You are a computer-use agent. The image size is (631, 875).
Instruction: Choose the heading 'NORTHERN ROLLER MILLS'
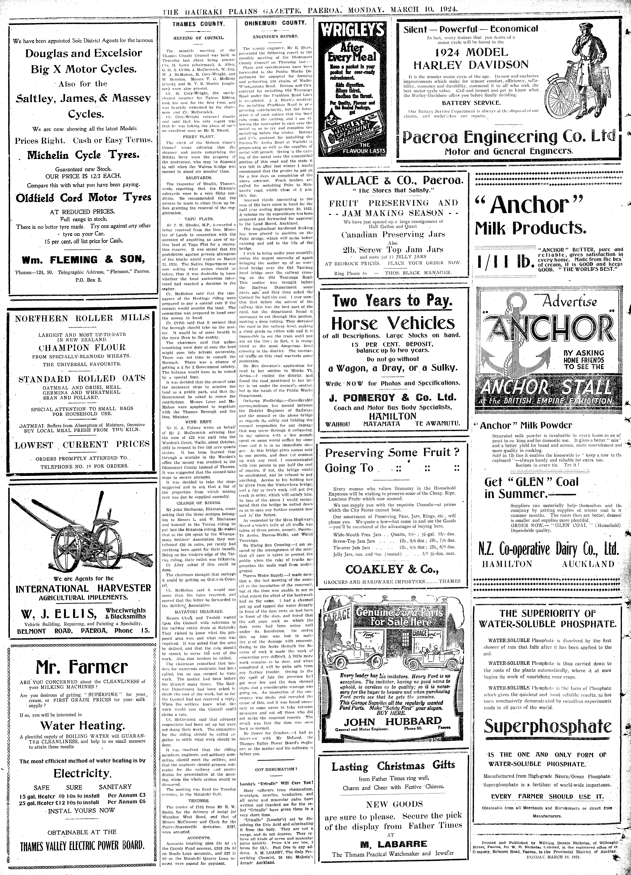82,318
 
